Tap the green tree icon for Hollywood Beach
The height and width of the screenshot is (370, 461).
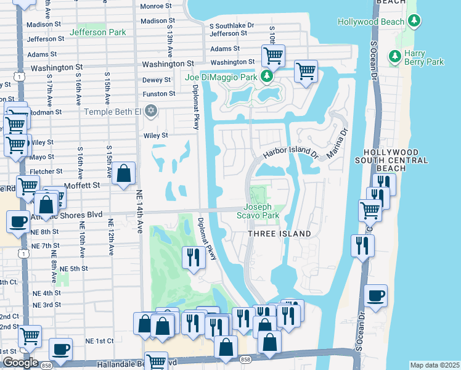coord(414,22)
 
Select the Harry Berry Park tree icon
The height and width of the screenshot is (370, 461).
coord(394,57)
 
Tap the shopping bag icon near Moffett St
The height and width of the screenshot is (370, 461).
coord(124,174)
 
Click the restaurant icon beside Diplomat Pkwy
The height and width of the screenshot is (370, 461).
coord(194,257)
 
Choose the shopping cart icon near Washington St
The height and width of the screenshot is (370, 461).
coord(272,55)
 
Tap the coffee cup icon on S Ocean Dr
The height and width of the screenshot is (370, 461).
coord(375,295)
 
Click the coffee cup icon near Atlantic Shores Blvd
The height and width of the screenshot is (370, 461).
coord(18,222)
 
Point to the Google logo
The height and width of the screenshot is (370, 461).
coord(20,363)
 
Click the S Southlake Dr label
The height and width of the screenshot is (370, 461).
coord(231,26)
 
